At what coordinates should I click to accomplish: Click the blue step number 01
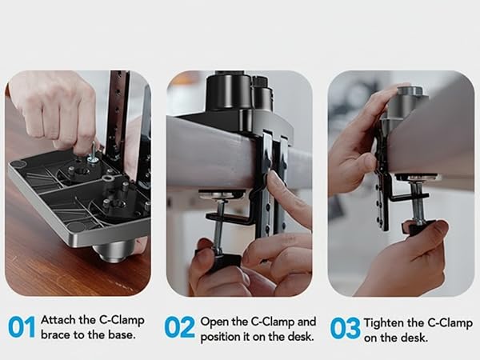click(22, 327)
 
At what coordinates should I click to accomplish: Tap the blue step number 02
click(179, 327)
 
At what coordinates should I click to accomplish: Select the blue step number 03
click(345, 328)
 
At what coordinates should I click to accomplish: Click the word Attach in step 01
click(58, 320)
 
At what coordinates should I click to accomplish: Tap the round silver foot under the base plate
click(114, 250)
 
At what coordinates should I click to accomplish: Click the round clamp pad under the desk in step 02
click(222, 194)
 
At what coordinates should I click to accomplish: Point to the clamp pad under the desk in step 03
click(417, 178)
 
